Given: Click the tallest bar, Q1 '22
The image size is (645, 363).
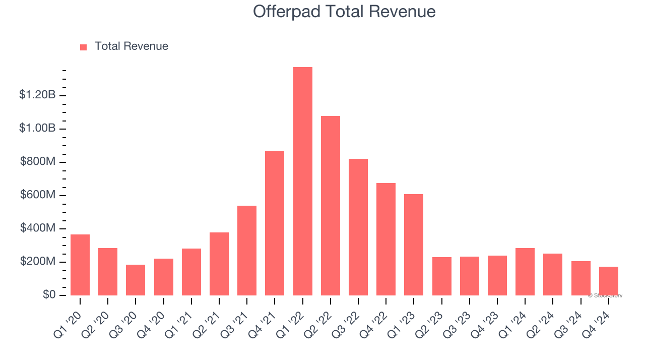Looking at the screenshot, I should coord(303,181).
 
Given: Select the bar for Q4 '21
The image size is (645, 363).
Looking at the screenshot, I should coord(275,223).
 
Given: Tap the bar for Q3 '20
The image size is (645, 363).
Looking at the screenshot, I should coord(136,280).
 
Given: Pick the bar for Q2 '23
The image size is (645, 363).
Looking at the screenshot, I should coord(442,276).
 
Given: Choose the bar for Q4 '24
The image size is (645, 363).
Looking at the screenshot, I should coord(609,281).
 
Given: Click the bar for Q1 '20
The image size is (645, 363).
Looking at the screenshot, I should coord(80,265).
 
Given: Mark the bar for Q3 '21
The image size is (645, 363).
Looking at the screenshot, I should coord(247,251).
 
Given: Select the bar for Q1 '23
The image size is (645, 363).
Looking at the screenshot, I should coord(414,245).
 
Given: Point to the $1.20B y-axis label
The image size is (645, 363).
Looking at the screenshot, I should coord(37,95).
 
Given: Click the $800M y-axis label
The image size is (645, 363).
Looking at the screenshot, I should coord(38,162).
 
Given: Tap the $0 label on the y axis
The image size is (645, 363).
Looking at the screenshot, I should coord(49,295).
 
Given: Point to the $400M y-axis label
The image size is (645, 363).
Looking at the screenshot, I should coord(38,228).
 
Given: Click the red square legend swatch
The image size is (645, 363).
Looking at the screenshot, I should coord(84,47).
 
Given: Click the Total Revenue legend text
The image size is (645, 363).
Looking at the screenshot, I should coord(132,46).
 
